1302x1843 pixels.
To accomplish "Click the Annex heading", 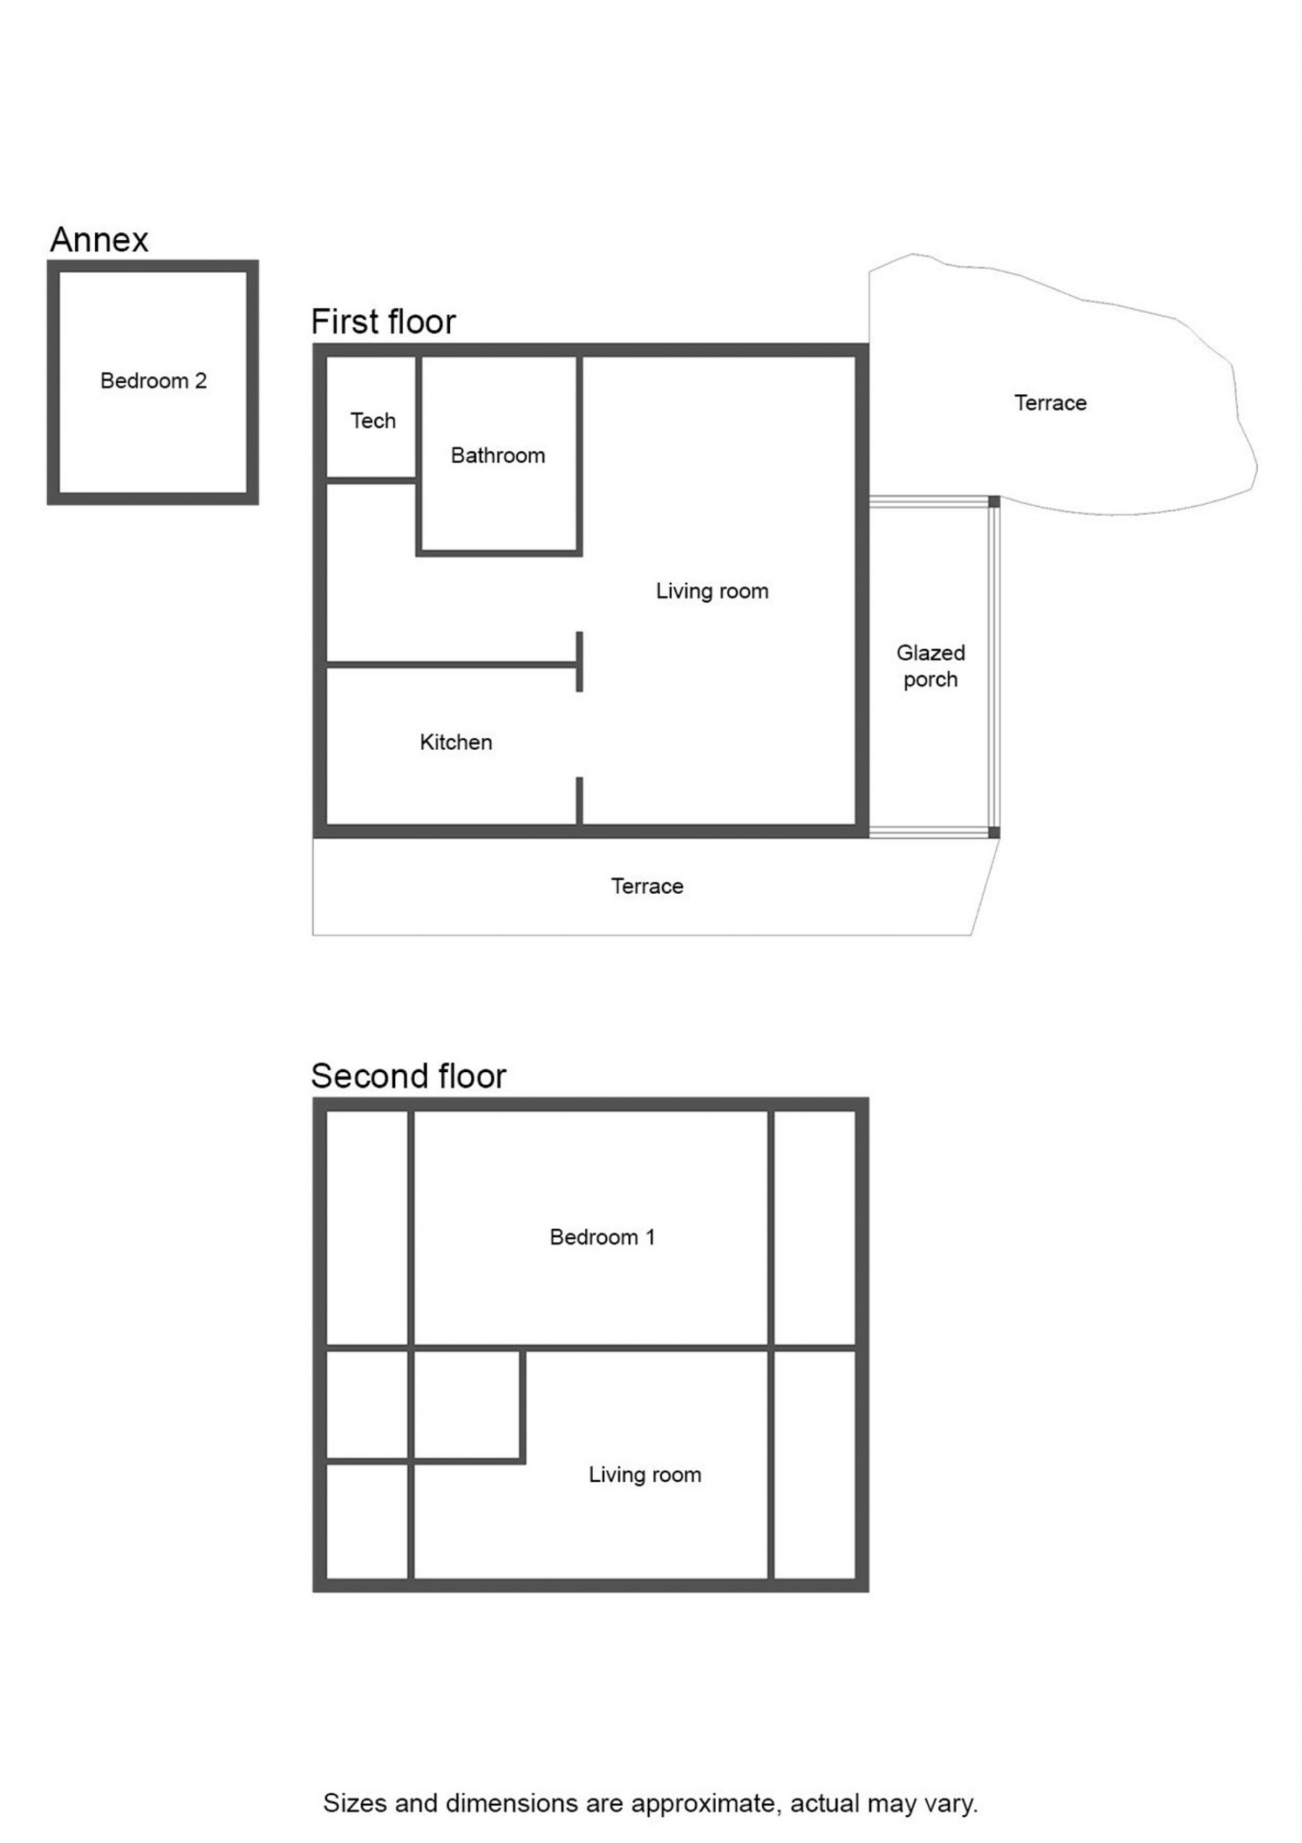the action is click(x=99, y=240).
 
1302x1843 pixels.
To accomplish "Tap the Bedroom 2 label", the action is click(x=153, y=381).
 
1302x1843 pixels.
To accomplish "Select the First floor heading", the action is click(x=384, y=322).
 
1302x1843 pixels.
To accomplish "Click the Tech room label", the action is click(x=374, y=420).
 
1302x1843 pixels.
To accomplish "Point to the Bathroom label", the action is click(x=497, y=456).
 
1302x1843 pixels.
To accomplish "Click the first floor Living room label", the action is click(x=712, y=592).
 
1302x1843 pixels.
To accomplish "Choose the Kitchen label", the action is click(x=456, y=742).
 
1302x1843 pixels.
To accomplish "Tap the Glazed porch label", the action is click(x=931, y=666).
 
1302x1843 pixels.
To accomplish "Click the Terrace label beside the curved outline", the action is click(x=1050, y=403).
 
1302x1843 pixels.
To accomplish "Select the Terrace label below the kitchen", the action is click(x=647, y=886).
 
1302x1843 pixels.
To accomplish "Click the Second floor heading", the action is click(x=409, y=1076).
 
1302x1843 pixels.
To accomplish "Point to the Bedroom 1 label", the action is click(x=602, y=1237).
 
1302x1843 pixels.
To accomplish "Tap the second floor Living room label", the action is click(x=645, y=1474).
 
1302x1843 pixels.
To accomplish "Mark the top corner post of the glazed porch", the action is click(x=994, y=502).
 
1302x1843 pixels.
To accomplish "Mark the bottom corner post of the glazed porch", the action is click(x=994, y=832).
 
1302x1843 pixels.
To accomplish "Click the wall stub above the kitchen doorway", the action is click(x=579, y=662).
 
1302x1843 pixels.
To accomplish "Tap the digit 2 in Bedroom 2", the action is click(x=201, y=381).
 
